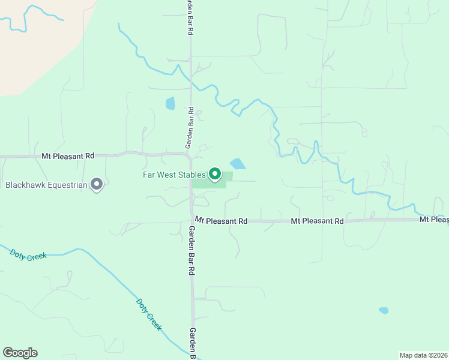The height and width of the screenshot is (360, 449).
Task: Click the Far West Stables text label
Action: click(173, 175)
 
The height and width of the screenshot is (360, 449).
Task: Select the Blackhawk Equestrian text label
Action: click(46, 185)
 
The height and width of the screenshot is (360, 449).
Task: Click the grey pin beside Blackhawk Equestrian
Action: click(97, 184)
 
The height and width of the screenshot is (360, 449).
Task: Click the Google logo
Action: click(20, 353)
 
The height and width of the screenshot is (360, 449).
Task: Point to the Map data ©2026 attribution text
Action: click(423, 355)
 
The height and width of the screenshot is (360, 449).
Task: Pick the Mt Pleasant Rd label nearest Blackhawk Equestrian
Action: click(68, 156)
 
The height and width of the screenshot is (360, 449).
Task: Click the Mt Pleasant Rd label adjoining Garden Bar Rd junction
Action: click(221, 221)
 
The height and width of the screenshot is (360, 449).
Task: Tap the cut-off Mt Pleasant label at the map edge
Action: click(433, 220)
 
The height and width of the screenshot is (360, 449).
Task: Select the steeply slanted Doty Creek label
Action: click(149, 315)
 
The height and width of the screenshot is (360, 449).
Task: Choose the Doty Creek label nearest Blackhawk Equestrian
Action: click(28, 254)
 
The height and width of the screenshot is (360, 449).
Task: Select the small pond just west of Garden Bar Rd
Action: click(170, 103)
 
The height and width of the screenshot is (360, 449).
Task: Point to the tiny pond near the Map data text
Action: click(383, 311)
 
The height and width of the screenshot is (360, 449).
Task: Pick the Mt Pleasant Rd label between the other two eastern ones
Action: click(317, 221)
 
